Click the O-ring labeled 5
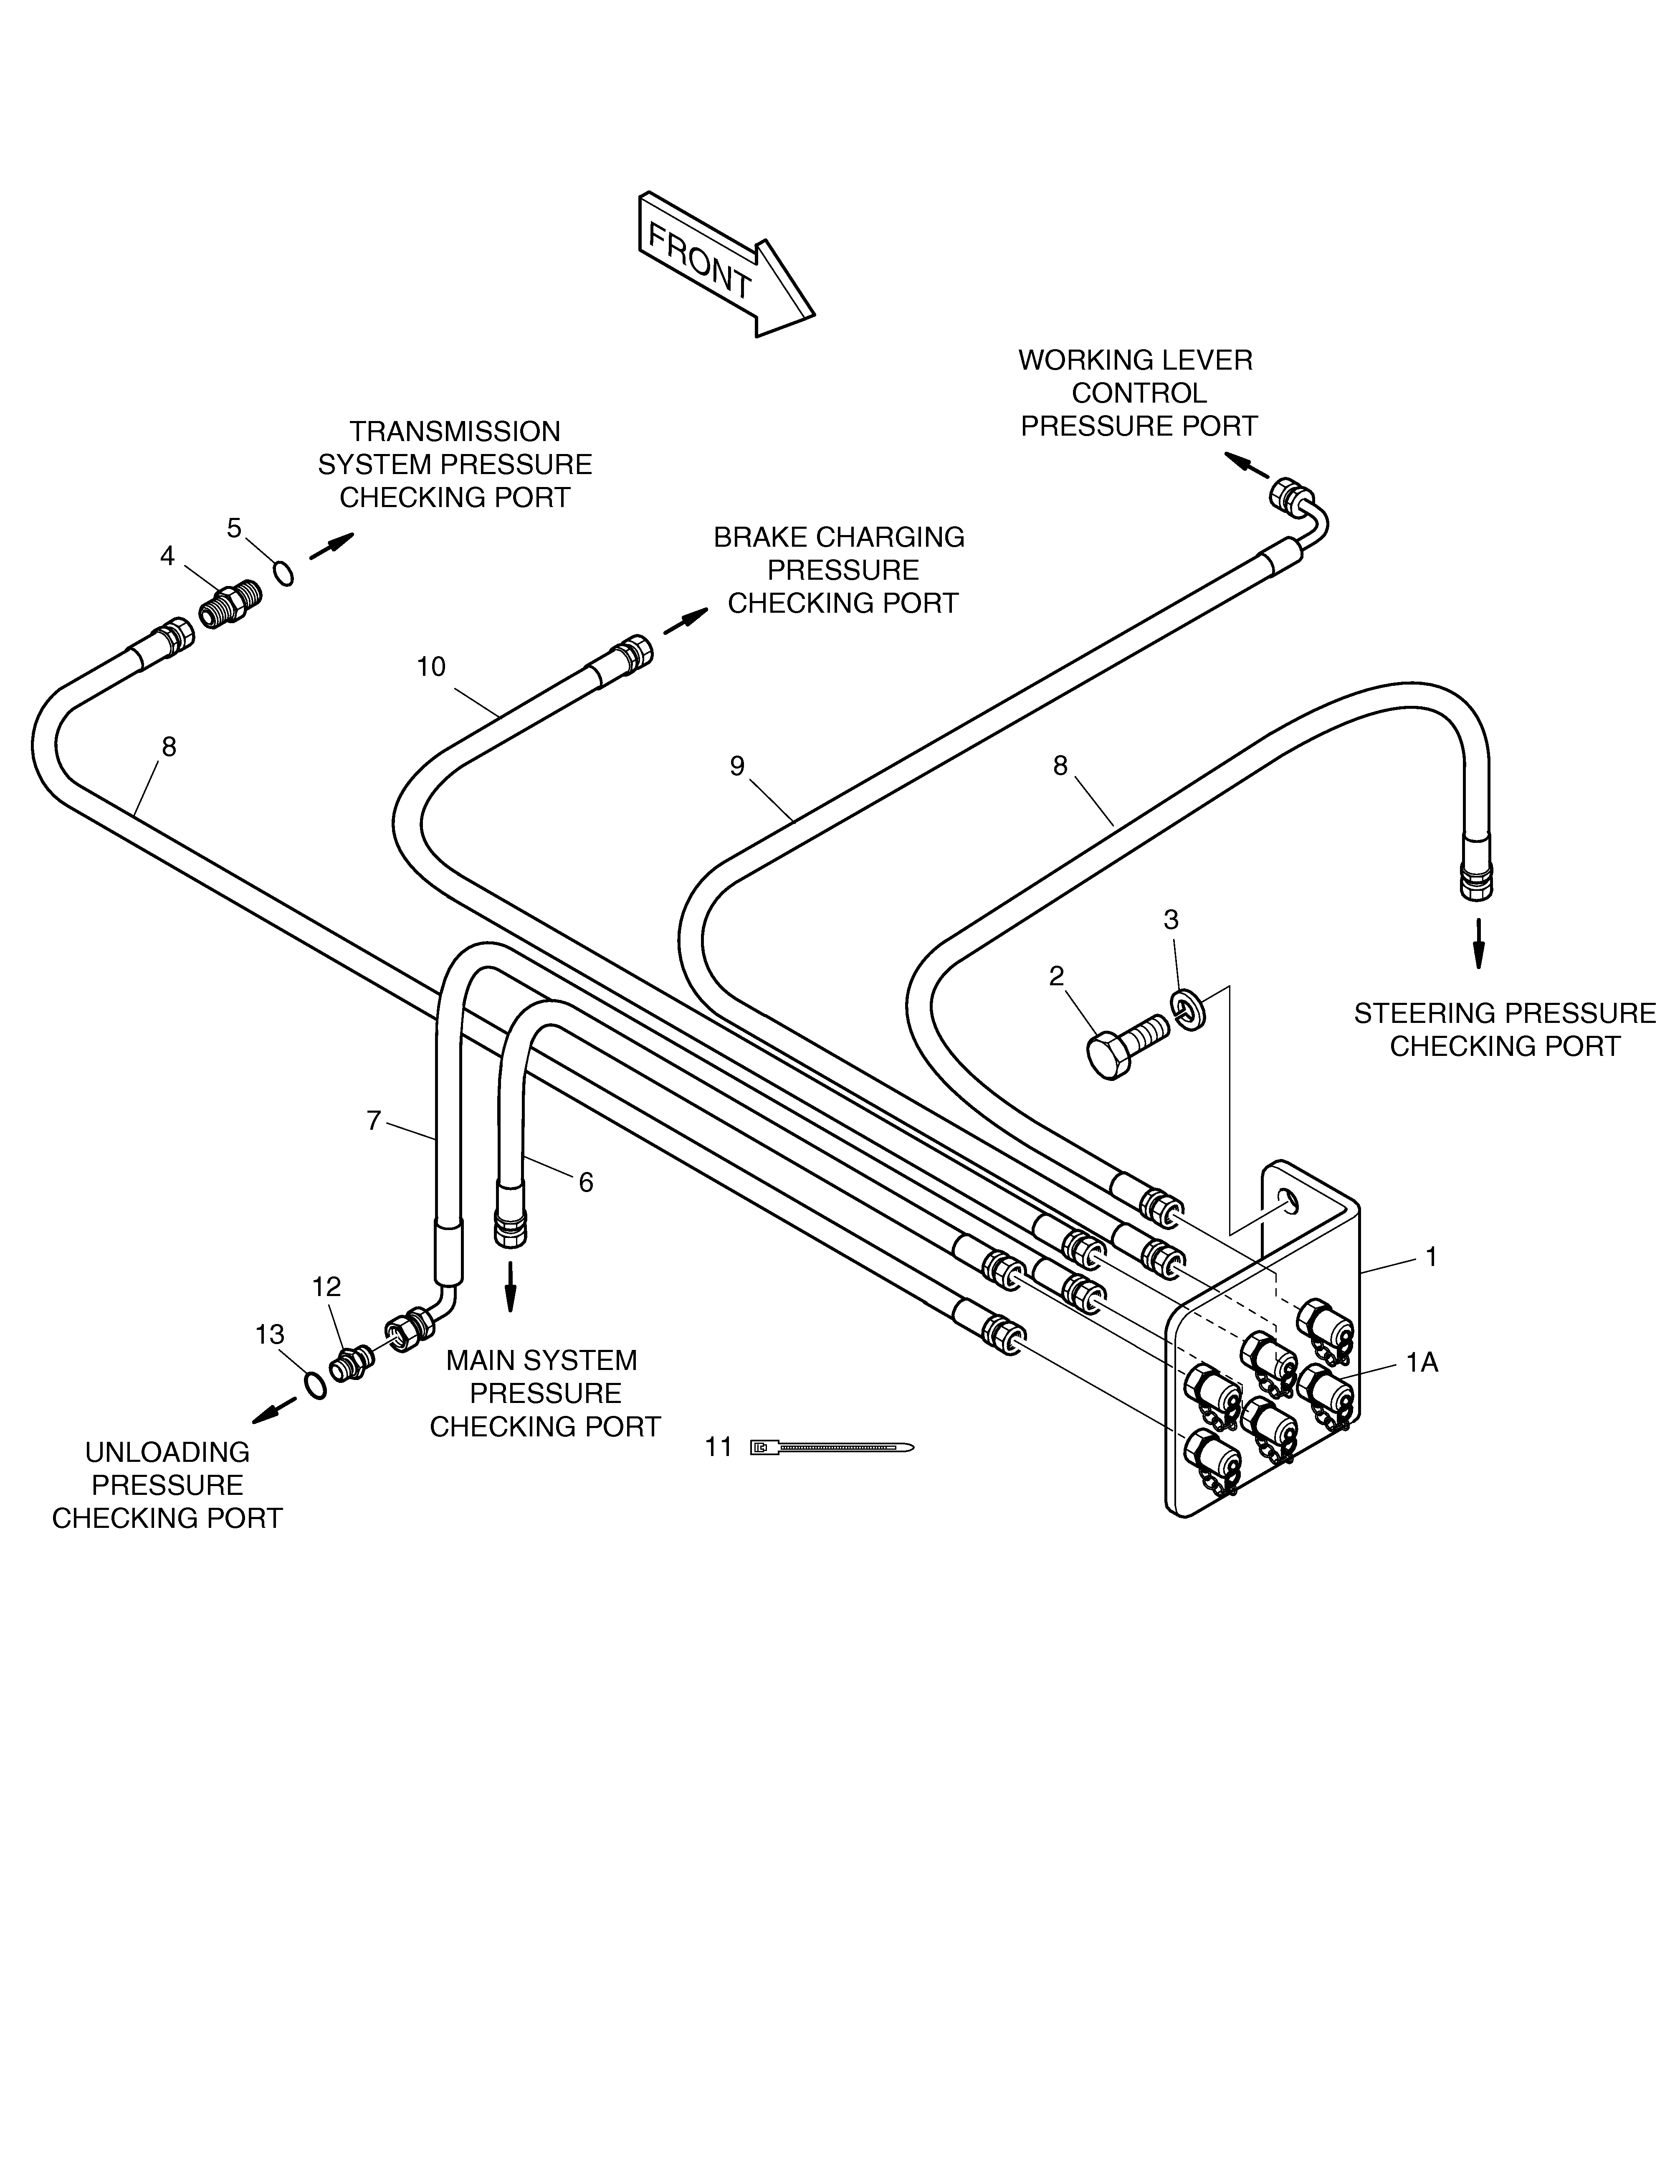tap(283, 573)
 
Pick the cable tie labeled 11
tap(832, 1446)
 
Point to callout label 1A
tap(1422, 1362)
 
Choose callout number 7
tap(374, 1121)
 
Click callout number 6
tap(586, 1182)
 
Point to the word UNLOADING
tap(167, 1452)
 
